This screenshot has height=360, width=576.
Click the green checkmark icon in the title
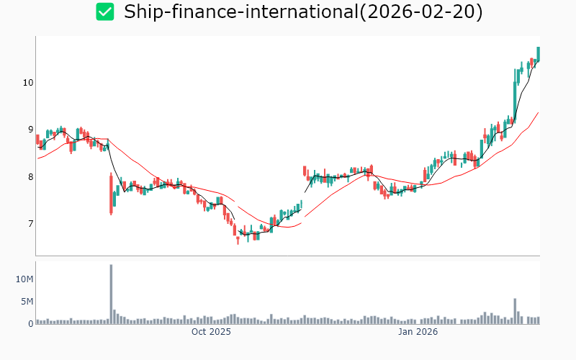point(105,12)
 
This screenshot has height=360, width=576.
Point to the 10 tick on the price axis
point(28,82)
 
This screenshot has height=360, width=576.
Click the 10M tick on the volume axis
point(25,279)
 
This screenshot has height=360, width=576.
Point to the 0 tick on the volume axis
point(30,323)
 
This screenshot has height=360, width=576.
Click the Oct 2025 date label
point(211,332)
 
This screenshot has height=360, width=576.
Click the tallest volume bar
point(111,294)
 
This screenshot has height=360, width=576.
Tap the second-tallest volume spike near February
point(516,310)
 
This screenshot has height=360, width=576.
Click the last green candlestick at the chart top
point(538,53)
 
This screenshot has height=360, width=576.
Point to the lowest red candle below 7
point(238,238)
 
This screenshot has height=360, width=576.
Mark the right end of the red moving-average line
point(539,112)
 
